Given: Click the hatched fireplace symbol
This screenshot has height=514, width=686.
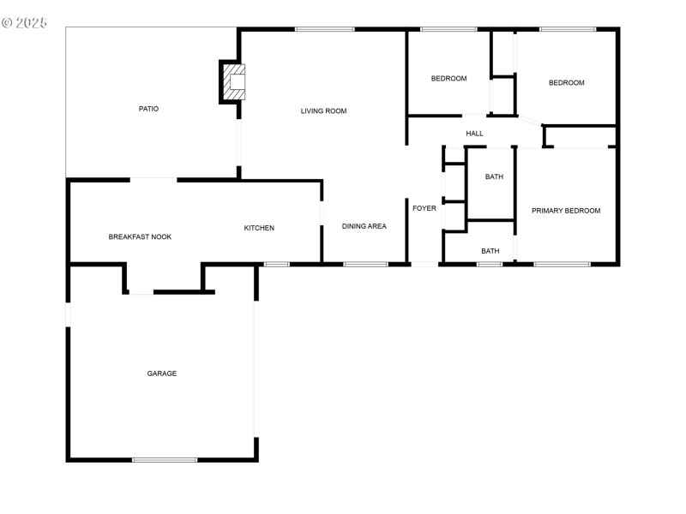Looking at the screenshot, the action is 234,82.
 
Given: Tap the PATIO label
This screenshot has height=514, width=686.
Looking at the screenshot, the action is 148,109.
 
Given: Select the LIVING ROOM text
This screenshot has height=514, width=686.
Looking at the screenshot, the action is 324,111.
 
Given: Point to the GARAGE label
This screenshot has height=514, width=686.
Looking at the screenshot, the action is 162,374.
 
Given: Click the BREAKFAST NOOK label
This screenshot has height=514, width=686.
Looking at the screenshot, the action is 140,237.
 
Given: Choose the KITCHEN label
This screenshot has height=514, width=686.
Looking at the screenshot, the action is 259,228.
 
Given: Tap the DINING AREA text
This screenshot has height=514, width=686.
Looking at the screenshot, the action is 364,226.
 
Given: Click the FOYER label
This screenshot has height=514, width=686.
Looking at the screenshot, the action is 424,208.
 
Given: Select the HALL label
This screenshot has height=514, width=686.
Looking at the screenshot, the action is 475,134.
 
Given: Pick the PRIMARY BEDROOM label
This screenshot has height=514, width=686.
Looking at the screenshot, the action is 566,211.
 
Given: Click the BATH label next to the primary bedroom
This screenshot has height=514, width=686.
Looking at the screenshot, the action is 495,177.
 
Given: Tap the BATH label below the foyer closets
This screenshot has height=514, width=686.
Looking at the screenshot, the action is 490,251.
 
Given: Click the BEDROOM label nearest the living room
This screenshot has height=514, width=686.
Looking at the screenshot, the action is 448,79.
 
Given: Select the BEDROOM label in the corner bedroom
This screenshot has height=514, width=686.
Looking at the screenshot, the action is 567,83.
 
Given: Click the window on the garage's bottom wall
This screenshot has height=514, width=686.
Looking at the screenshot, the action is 165,460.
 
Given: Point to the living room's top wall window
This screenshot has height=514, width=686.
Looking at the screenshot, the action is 325,29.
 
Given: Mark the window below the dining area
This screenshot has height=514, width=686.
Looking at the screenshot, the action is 365,265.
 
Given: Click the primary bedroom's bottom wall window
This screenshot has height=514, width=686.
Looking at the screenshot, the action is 562,265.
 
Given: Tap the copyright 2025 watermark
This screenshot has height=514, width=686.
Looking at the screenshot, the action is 25,23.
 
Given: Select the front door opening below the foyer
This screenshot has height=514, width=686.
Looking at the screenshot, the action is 424,265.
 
